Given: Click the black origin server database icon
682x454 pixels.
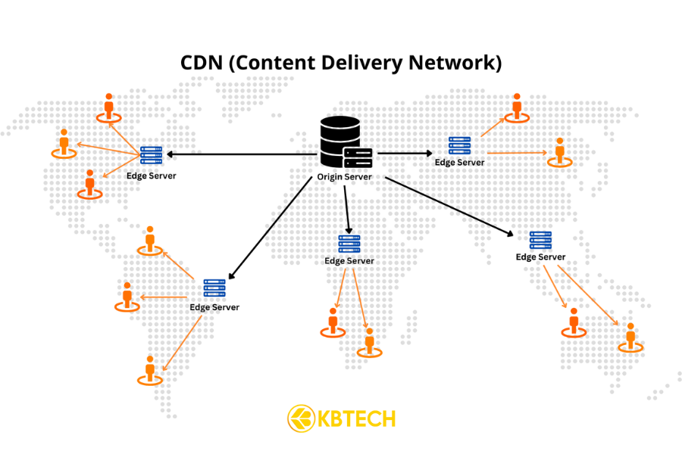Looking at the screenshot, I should [340, 142].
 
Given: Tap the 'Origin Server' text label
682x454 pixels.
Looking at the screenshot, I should [345, 177].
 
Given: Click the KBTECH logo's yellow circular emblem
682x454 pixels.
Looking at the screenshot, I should [301, 418].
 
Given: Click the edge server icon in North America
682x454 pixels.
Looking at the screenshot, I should [152, 155].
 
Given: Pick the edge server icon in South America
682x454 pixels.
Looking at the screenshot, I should [214, 288].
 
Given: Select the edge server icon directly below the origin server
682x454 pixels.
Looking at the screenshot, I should [349, 244].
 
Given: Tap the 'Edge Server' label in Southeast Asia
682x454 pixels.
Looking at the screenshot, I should [540, 257].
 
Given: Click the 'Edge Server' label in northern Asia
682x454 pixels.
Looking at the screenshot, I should [459, 162].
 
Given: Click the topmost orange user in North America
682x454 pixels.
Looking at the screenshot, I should [109, 108].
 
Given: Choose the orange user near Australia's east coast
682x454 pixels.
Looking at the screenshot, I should [630, 337].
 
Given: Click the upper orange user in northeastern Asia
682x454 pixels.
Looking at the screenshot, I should [517, 107].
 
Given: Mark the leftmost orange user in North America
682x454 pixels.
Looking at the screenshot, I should [64, 143].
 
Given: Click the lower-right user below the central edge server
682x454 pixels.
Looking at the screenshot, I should [370, 341].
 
